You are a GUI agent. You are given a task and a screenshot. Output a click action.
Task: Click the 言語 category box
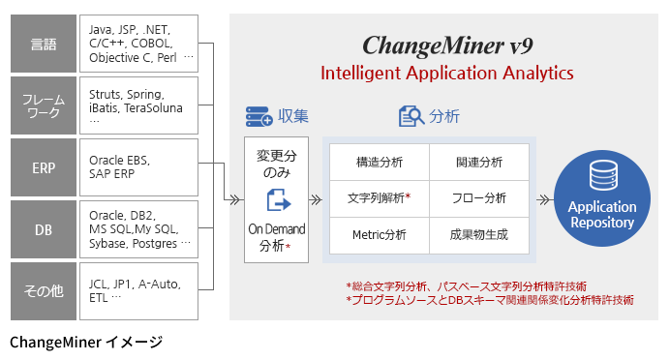coord(44,44)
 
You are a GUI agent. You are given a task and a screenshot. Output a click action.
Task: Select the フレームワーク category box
coord(44,105)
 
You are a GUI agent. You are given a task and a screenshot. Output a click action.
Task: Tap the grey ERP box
coord(44,166)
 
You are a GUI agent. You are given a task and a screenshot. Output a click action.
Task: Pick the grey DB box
coord(44,228)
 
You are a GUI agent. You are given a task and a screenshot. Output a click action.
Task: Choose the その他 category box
coord(44,289)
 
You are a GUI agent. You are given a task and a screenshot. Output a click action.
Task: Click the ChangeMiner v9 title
coord(446,45)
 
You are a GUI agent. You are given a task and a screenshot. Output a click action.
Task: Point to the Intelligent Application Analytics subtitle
coord(446,73)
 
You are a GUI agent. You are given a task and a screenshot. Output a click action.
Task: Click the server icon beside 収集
coord(259,117)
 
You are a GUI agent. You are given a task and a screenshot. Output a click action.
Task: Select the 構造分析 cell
coord(379,162)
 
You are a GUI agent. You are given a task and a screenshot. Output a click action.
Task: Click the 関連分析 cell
coord(478,162)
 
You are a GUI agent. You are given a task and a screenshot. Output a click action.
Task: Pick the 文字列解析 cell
coord(379,198)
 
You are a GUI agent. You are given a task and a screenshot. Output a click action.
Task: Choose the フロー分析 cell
coord(478,198)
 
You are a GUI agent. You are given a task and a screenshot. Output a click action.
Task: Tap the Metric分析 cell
coord(379,235)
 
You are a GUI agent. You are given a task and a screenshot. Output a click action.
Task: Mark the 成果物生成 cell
coord(478,235)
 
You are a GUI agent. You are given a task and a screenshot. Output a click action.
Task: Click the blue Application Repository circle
coord(601,198)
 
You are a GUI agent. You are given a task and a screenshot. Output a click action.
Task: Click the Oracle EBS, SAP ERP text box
coord(140,166)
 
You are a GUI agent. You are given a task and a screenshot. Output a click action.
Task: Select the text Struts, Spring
coord(127,94)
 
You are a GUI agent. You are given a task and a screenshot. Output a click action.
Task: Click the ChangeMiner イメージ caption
coord(86,342)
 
